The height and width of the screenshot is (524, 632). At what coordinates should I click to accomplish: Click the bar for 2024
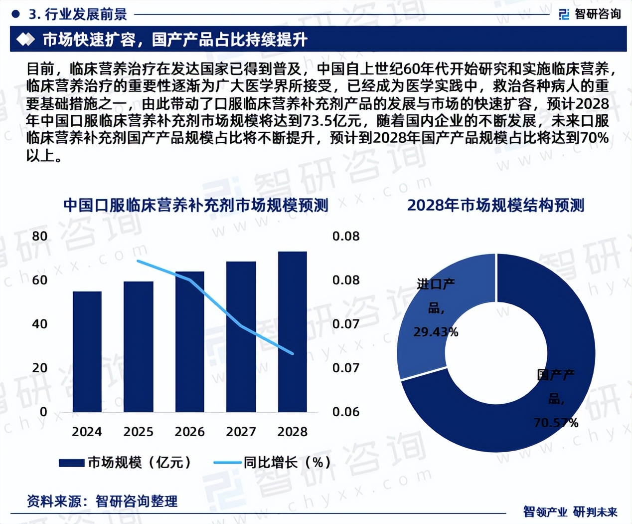point(87,352)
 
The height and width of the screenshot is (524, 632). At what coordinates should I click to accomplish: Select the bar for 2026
point(190,342)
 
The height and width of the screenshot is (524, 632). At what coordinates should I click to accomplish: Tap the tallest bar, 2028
point(293,332)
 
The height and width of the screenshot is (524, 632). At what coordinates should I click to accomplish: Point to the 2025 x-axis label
point(138,432)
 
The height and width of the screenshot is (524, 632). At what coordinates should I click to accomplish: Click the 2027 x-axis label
point(241,432)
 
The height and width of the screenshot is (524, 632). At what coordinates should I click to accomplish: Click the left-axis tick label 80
point(40,236)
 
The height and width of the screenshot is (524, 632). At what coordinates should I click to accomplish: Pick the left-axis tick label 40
point(40,324)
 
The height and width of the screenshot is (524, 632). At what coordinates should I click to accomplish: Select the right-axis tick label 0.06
point(345,412)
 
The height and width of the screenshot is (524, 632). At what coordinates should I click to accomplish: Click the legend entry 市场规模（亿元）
point(125,463)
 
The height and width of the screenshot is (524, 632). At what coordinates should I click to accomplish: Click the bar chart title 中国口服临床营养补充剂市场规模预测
point(195,205)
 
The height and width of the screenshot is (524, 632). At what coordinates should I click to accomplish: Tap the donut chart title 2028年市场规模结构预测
point(495,205)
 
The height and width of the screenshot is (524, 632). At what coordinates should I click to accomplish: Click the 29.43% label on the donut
point(436,332)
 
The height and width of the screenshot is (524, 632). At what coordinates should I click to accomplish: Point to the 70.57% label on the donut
point(556,423)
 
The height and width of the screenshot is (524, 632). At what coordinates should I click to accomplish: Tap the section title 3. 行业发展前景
point(77,14)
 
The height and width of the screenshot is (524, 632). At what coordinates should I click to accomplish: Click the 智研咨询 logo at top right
point(590,14)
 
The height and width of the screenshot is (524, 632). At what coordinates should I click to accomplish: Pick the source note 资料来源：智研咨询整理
point(102,501)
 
